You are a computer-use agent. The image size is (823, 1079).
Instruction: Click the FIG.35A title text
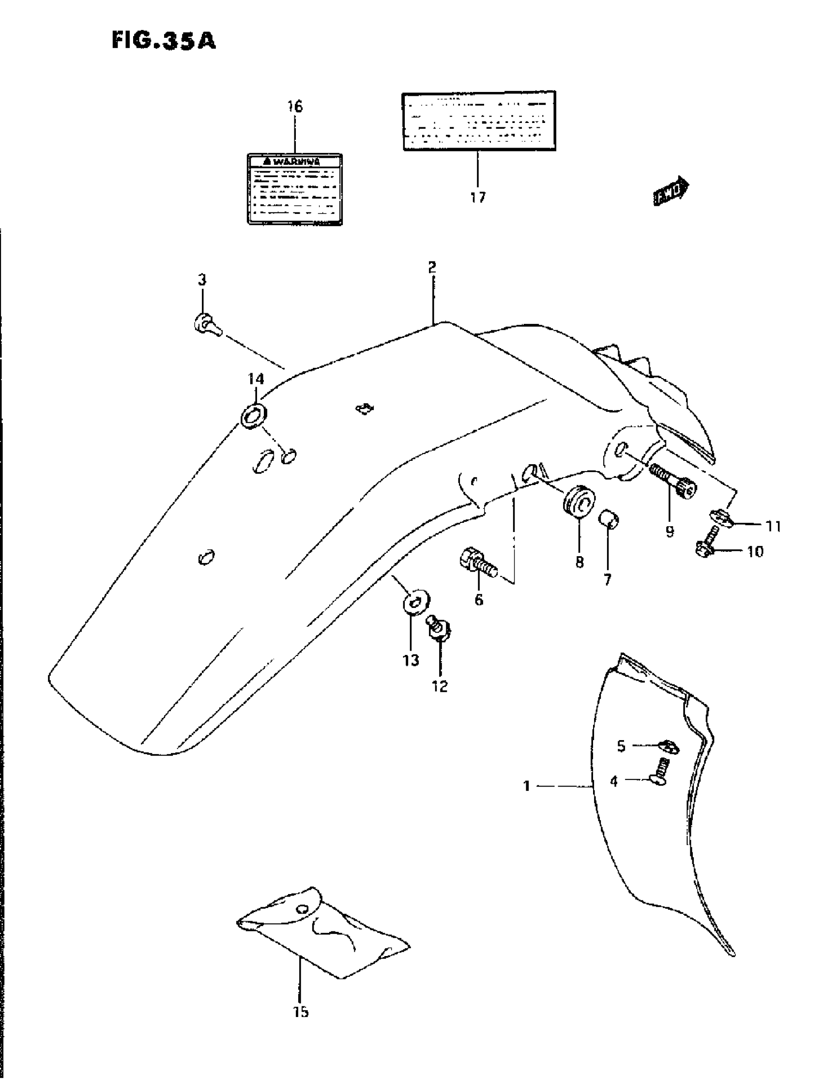[x=163, y=41]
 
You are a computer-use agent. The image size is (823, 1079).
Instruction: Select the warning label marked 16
[x=294, y=189]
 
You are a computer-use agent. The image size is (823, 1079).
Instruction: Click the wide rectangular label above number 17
[x=479, y=121]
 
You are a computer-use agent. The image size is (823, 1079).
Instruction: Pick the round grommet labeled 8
[x=579, y=500]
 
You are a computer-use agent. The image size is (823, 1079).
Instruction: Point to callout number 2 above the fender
[x=431, y=267]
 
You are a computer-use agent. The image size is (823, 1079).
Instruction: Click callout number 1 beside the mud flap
[x=527, y=786]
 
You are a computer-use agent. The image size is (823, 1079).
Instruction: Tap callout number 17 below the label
[x=478, y=198]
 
